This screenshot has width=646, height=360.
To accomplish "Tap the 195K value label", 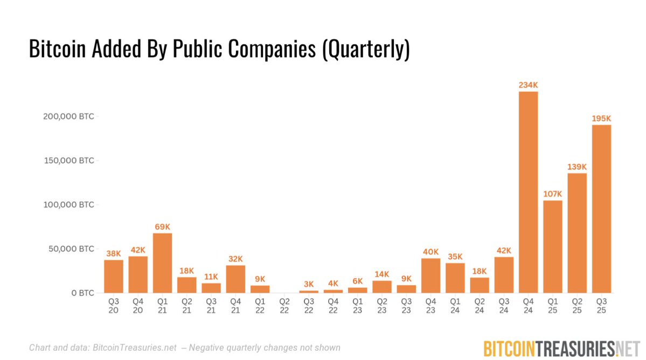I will point(601,119).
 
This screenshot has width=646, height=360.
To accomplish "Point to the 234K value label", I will point(528,85).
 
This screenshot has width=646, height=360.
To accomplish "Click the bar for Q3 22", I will point(309,292).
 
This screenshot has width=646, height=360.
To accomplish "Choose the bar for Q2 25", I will point(577,233).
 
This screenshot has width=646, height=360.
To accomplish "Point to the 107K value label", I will point(552,194).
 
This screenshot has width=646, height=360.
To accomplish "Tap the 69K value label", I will point(163,227).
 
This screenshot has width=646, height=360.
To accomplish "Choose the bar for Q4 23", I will point(430,275).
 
